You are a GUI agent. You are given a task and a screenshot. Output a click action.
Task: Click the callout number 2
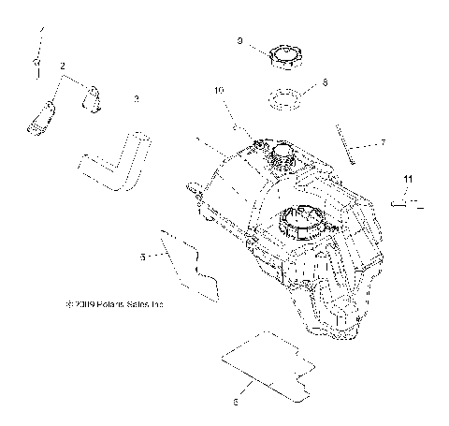pyautogui.click(x=63, y=66)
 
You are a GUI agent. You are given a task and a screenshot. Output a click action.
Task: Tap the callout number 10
pyautogui.click(x=220, y=91)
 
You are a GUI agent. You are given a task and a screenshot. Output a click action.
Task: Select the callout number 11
pyautogui.click(x=407, y=178)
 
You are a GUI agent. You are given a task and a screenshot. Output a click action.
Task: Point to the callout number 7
pyautogui.click(x=382, y=143)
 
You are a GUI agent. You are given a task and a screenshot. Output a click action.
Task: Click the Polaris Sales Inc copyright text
pyautogui.click(x=115, y=303)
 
